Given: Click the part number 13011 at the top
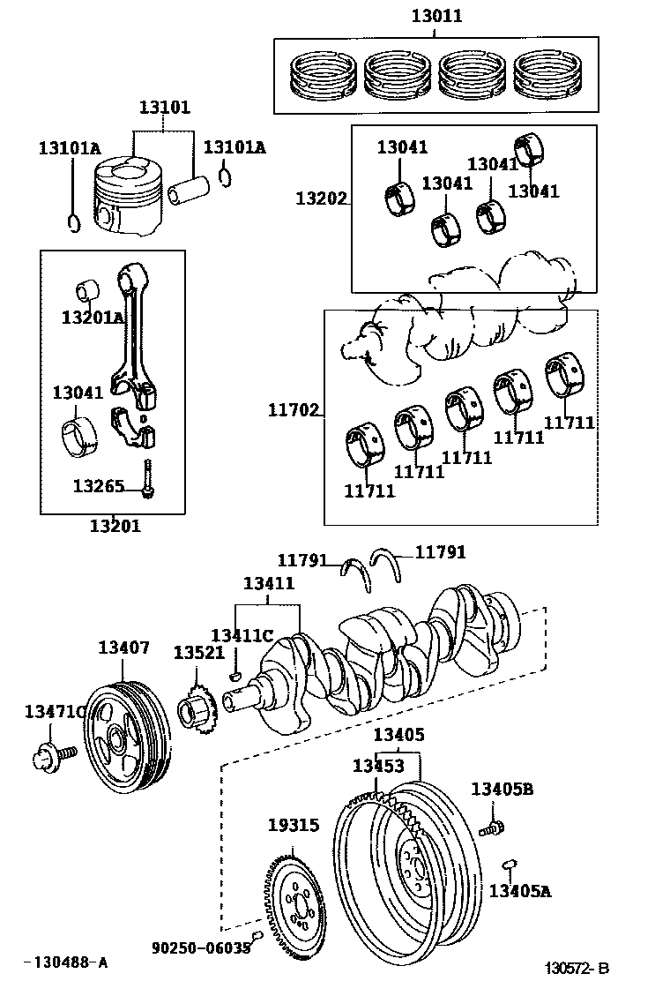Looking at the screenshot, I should tap(436, 16).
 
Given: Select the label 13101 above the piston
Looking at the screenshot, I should tap(164, 109).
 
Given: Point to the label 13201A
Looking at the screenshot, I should tap(93, 316).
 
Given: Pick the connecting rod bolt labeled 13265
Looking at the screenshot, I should tap(147, 478).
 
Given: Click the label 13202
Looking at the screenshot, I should tap(321, 198).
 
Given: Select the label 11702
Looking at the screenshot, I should tap(294, 409).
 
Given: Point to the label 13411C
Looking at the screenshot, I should tap(242, 636).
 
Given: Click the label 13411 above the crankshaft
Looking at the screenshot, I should tap(269, 584).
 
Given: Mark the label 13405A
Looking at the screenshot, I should tap(520, 891).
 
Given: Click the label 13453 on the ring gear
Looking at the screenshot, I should tap(378, 766).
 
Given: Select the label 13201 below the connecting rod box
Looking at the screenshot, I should tap(115, 527).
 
